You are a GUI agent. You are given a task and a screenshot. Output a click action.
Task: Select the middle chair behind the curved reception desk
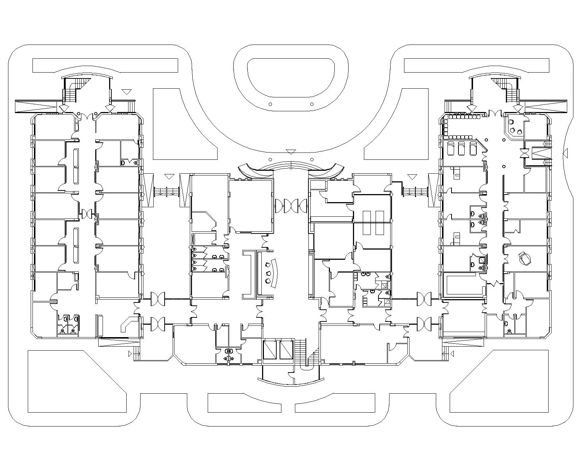tap(269, 273)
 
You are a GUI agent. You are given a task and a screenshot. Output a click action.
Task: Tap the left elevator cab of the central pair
tap(270, 350)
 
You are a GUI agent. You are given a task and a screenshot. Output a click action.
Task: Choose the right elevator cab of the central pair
tap(286, 350)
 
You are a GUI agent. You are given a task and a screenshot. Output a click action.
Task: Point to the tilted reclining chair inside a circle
tap(525, 258)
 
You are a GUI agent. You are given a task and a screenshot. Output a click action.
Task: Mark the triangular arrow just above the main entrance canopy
tap(291, 152)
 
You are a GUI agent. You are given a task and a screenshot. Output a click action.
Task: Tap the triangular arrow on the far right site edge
tap(565, 153)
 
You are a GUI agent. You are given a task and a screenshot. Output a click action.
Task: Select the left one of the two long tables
tap(367, 223)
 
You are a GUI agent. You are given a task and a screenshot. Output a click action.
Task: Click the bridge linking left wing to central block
tap(166, 191)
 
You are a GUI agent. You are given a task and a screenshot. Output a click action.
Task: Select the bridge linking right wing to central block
tap(415, 191)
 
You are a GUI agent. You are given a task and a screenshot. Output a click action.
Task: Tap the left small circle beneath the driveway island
tap(270, 104)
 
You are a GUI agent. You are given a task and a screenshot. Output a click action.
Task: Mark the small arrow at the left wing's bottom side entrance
tap(130, 354)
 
